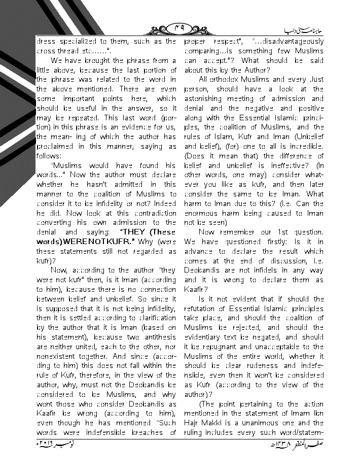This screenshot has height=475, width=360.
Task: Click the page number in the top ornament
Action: (x=181, y=29)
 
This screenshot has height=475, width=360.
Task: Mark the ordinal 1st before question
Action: (x=283, y=232)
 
